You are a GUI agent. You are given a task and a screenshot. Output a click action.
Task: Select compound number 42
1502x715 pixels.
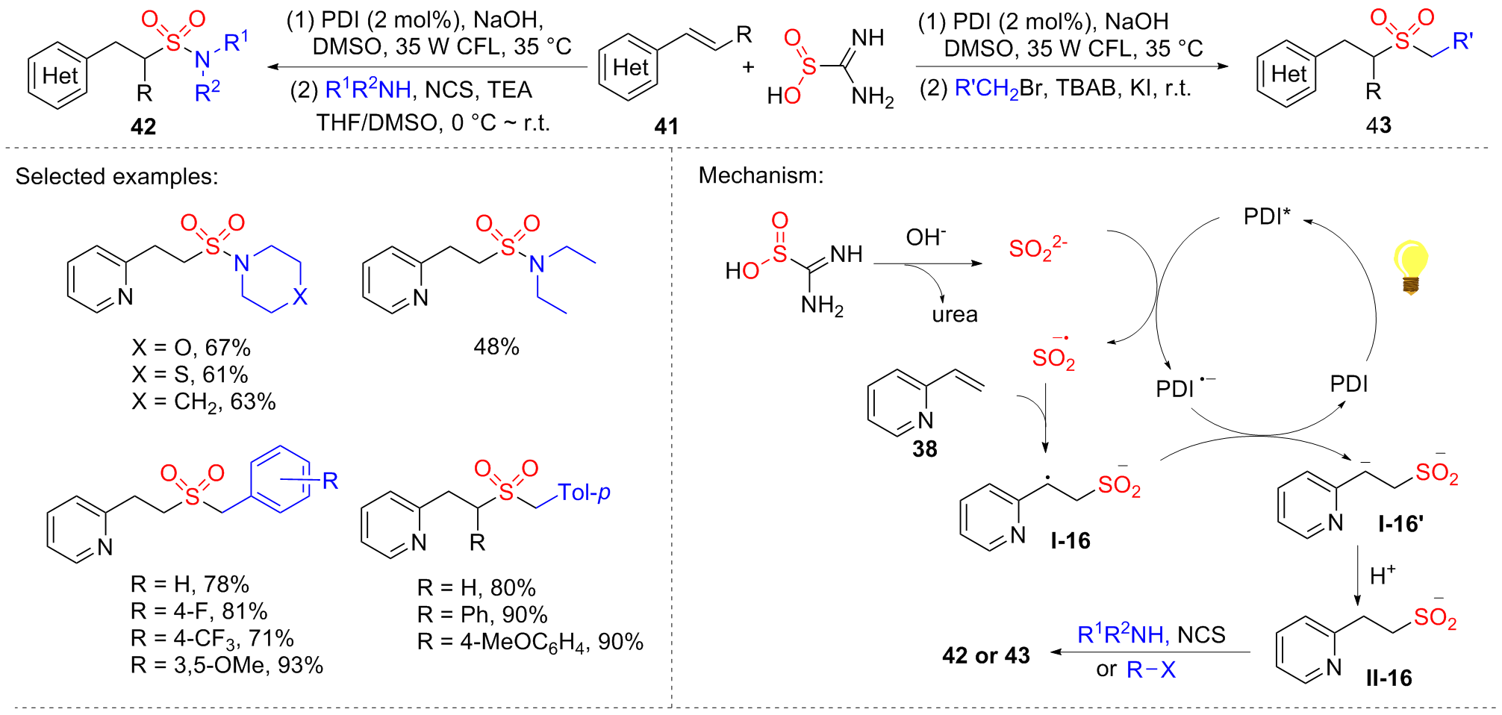(x=143, y=126)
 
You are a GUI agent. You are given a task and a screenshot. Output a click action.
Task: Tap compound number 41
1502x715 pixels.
(x=666, y=126)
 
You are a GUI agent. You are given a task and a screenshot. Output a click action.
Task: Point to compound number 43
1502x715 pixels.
(x=1378, y=125)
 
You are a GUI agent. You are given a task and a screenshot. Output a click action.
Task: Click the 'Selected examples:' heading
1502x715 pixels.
(x=116, y=177)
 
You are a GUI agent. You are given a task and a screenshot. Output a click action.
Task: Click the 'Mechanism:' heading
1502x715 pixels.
(x=761, y=176)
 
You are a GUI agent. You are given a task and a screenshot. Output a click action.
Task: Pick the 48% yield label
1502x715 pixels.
(x=496, y=346)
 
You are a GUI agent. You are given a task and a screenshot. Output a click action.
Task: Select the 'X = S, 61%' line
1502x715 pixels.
(x=190, y=375)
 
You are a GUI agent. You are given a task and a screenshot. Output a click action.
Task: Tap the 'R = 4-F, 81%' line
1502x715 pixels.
(x=199, y=611)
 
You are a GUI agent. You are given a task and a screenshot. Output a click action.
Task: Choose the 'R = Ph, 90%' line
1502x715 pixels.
(x=482, y=614)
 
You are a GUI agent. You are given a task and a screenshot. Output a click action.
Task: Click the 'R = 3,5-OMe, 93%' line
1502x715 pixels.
(x=227, y=665)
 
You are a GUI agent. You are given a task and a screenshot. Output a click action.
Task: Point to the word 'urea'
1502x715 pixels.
(x=954, y=314)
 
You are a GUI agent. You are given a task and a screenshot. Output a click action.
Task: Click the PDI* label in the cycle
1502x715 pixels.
(x=1267, y=216)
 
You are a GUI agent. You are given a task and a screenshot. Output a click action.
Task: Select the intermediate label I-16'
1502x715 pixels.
(x=1400, y=524)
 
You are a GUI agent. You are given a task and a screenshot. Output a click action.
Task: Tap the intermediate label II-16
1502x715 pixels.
(x=1389, y=678)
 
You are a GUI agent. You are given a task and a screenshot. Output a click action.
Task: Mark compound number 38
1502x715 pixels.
(x=924, y=449)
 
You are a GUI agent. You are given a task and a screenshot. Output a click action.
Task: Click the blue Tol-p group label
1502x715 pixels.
(x=584, y=493)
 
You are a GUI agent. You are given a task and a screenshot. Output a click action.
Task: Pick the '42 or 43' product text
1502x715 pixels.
(x=985, y=655)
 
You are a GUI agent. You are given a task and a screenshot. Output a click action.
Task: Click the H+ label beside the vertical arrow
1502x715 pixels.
(x=1383, y=575)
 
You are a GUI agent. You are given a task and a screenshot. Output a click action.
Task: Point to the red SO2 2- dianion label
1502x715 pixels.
(x=1038, y=248)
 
